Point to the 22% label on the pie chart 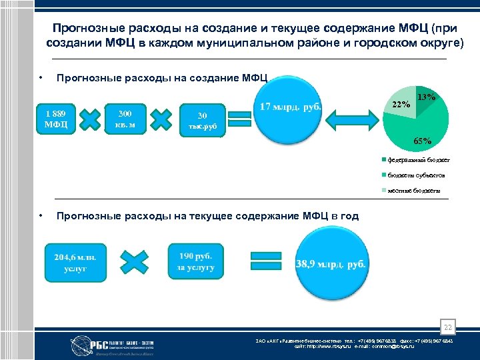click(401, 104)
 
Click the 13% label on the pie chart click(426, 97)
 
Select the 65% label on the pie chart click(423, 141)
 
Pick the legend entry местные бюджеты click(413, 191)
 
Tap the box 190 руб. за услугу click(196, 261)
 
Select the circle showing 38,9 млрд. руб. click(331, 263)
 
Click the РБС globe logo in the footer click(79, 343)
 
